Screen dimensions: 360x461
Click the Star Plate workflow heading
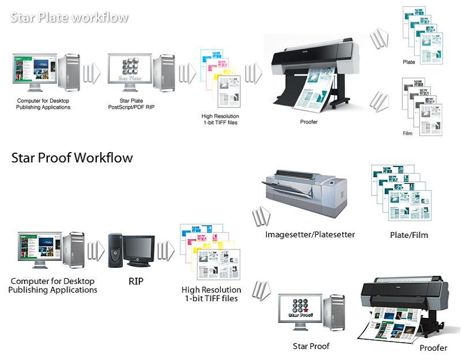[70, 17]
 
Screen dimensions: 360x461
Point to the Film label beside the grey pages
[407, 133]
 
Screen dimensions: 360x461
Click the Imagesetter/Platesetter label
[310, 235]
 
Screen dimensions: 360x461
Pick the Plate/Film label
[409, 235]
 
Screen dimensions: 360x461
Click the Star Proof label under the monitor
[311, 346]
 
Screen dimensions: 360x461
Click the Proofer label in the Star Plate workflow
[309, 122]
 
